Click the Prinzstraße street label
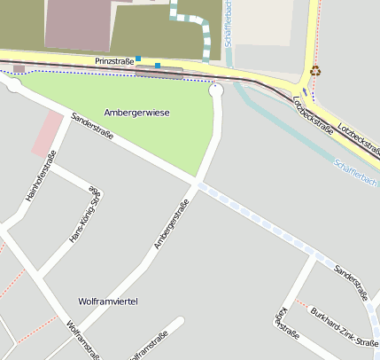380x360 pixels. [114, 61]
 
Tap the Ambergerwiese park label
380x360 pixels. [136, 113]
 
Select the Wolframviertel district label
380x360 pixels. [108, 301]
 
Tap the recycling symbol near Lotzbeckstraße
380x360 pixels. [315, 71]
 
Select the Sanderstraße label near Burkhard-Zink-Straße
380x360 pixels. [350, 280]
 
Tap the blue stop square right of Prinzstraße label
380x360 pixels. [158, 65]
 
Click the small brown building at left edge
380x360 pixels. [19, 68]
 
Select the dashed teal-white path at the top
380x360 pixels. [206, 32]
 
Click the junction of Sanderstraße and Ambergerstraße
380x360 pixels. [195, 184]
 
